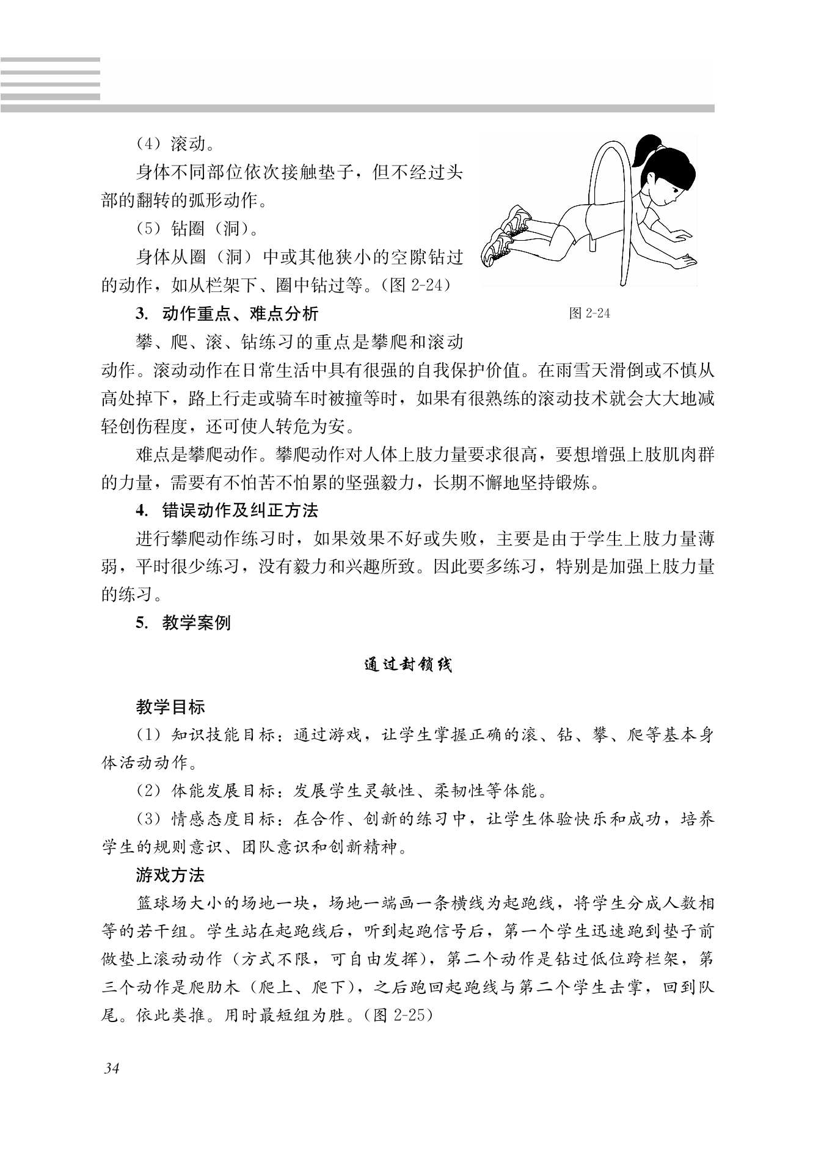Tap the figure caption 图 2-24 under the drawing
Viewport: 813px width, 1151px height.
coord(589,313)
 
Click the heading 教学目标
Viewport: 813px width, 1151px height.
coord(170,707)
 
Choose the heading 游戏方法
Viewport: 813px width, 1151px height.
coord(170,875)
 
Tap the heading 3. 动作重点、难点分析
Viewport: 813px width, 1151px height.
coord(227,314)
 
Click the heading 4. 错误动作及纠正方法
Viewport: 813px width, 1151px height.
coord(227,510)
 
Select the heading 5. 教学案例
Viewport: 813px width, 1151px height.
coord(183,623)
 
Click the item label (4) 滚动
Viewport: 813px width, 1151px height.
coord(175,145)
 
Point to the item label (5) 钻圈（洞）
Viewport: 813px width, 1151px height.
coord(197,229)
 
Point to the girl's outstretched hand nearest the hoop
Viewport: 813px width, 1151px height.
coord(675,235)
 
